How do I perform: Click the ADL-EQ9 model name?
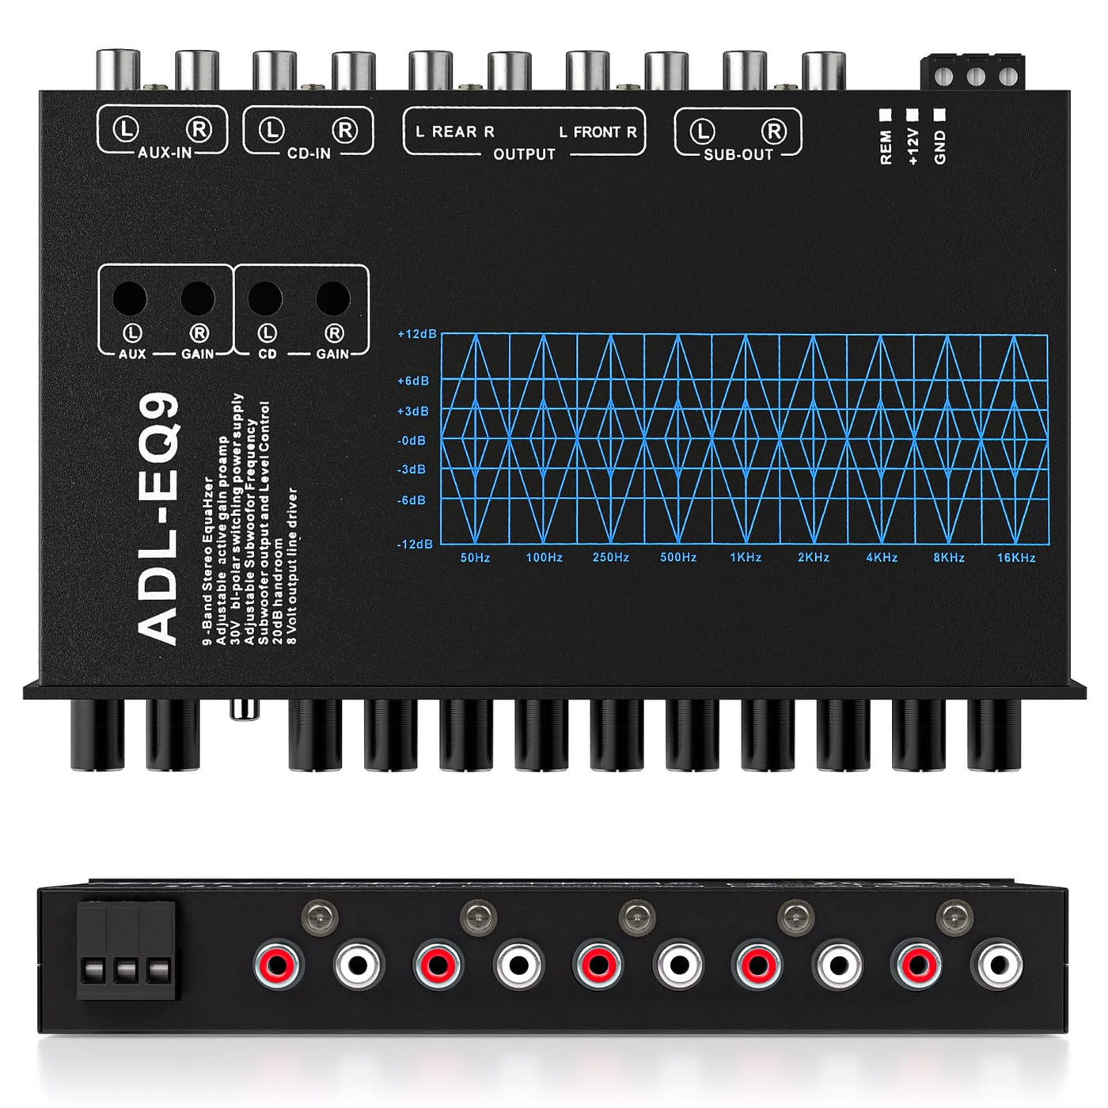158,518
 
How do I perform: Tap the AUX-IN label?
165,153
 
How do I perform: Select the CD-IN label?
309,154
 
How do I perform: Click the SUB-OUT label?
738,155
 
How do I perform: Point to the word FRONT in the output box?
598,132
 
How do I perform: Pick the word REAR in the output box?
454,132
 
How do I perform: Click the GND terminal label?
940,147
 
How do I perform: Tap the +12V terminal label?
913,147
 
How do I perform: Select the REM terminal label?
886,147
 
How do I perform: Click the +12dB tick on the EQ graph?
417,334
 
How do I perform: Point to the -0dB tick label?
412,441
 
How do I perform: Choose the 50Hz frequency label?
476,558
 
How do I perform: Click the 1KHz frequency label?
746,558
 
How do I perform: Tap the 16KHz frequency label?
1016,558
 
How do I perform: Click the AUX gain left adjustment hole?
131,298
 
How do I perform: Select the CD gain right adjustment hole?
333,298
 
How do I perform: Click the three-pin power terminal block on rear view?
126,950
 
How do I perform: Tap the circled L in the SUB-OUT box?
703,131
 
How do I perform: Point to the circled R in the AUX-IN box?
199,129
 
